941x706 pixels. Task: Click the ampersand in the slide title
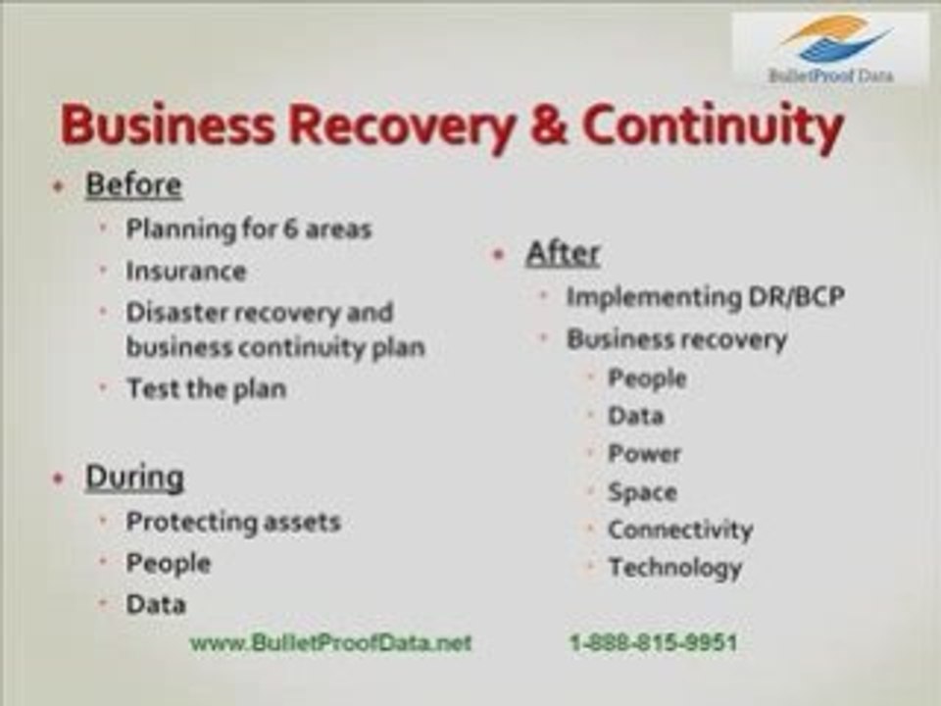tap(542, 127)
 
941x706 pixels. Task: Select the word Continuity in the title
tap(713, 127)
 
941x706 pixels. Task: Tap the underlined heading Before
tap(133, 185)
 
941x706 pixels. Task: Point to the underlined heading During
tap(134, 478)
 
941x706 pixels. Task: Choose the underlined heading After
tap(562, 253)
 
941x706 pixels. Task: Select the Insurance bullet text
tap(185, 271)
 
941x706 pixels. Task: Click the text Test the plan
tap(206, 388)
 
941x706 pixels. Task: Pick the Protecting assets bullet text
tap(232, 522)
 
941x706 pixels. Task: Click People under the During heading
tap(168, 563)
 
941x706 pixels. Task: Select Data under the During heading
tap(155, 604)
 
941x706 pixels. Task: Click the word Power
tap(644, 454)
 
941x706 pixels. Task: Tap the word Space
tap(642, 492)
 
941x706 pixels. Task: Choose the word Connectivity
tap(679, 530)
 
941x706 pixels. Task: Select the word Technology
tap(674, 568)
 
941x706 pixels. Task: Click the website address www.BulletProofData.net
tap(330, 643)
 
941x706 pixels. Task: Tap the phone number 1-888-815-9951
tap(653, 643)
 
